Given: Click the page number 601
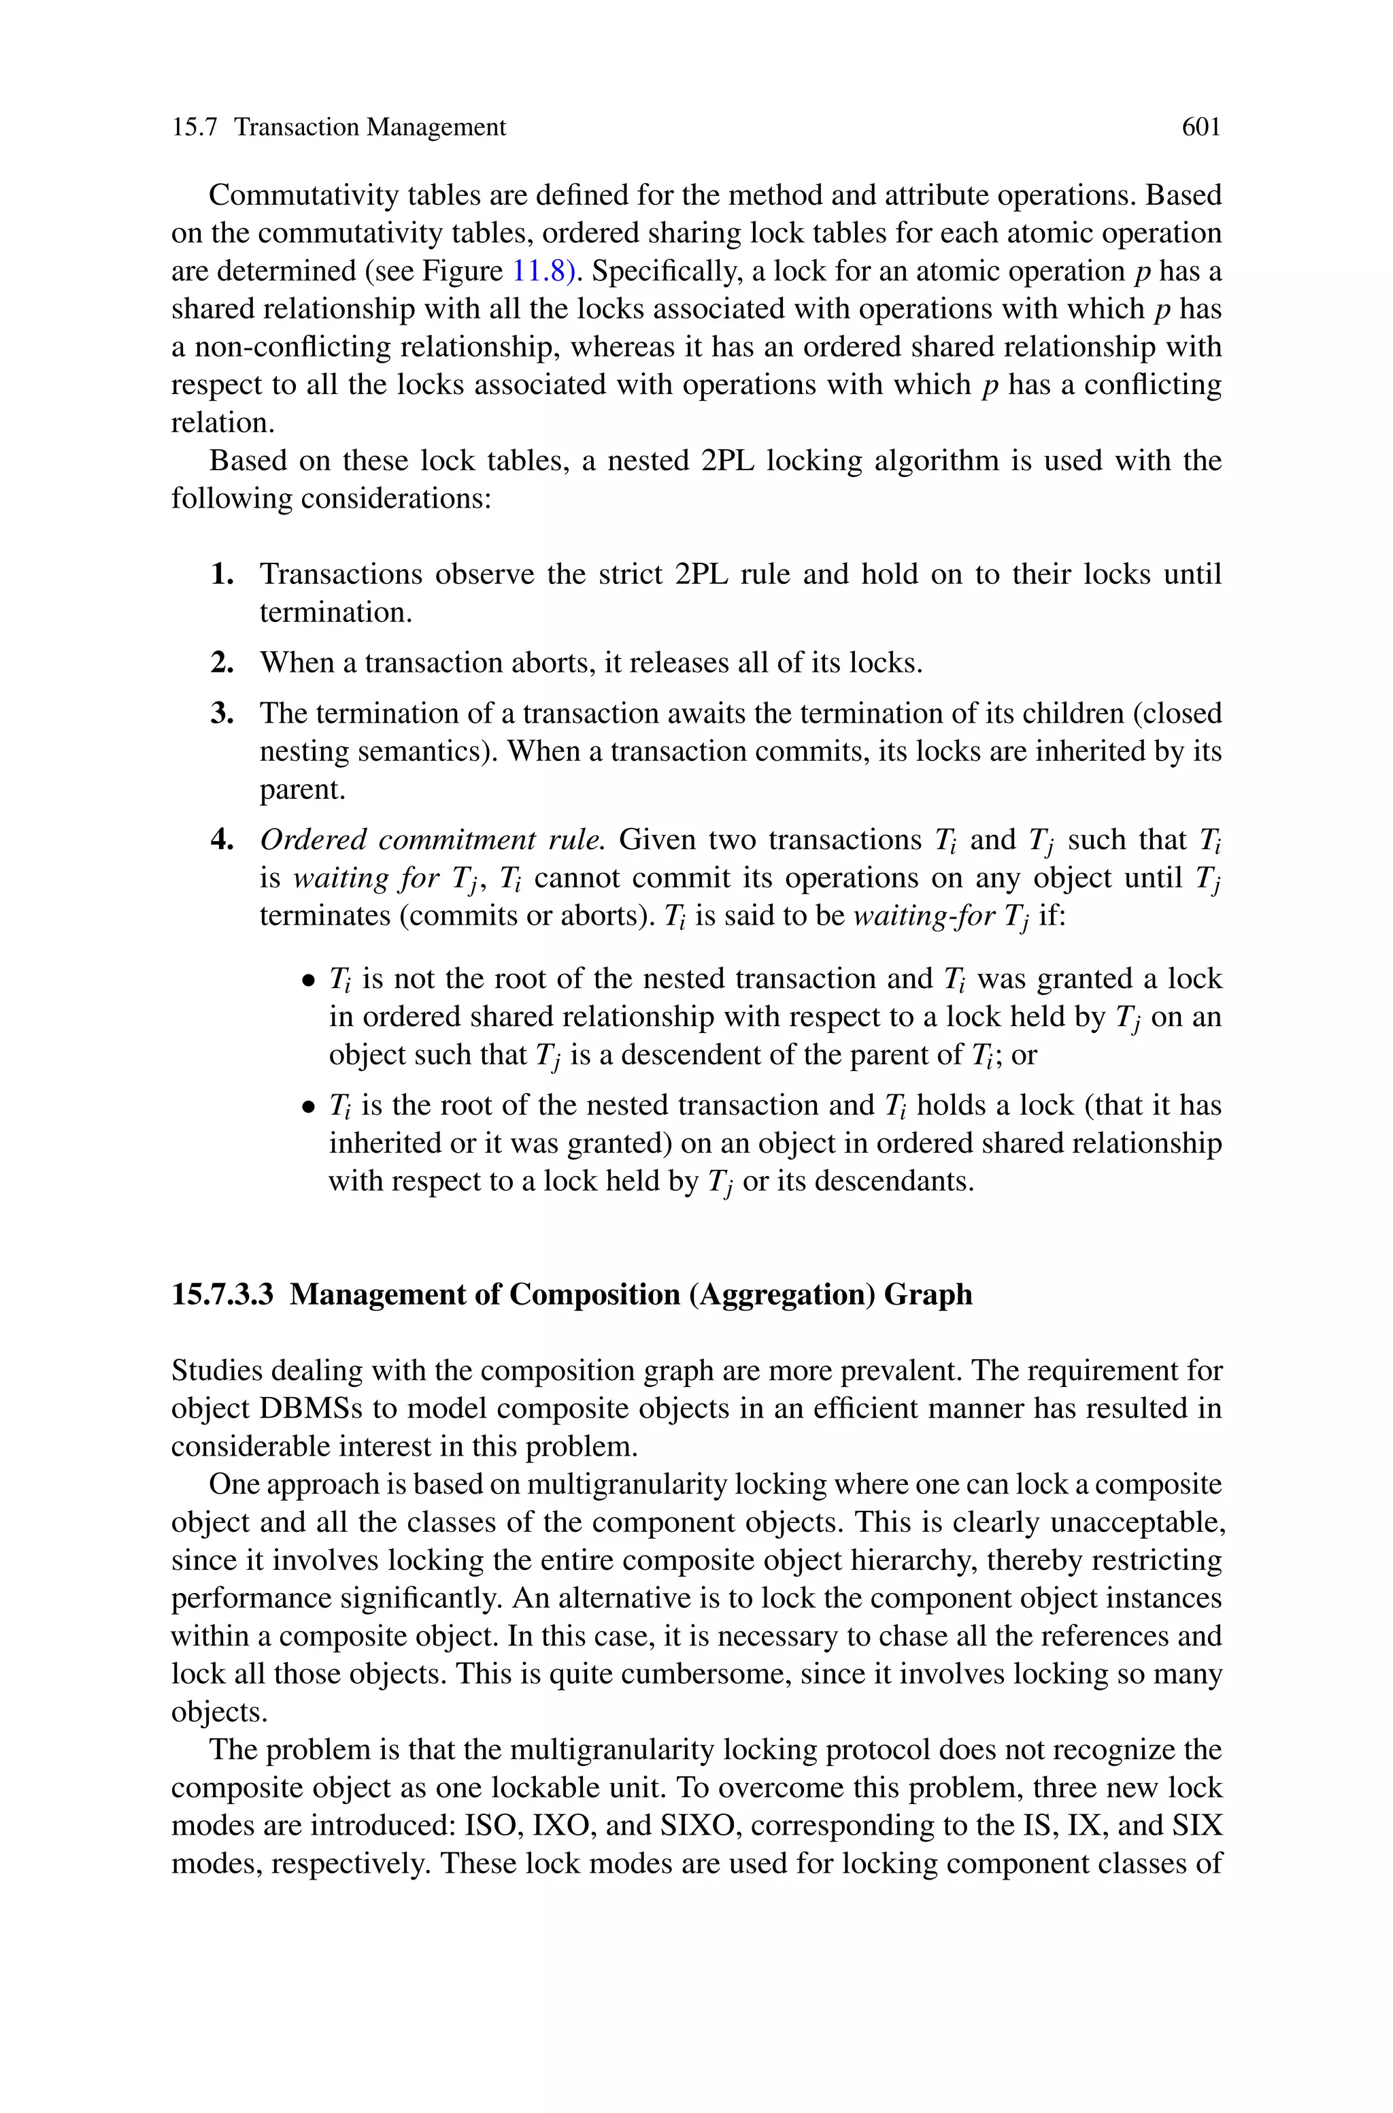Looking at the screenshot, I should [x=1201, y=128].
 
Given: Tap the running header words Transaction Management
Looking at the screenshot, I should [x=369, y=128].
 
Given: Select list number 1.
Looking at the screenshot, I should [x=222, y=575].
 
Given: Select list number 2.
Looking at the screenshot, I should [x=222, y=663].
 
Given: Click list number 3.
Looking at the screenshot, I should [x=222, y=713].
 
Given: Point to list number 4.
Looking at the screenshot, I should [x=222, y=840].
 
